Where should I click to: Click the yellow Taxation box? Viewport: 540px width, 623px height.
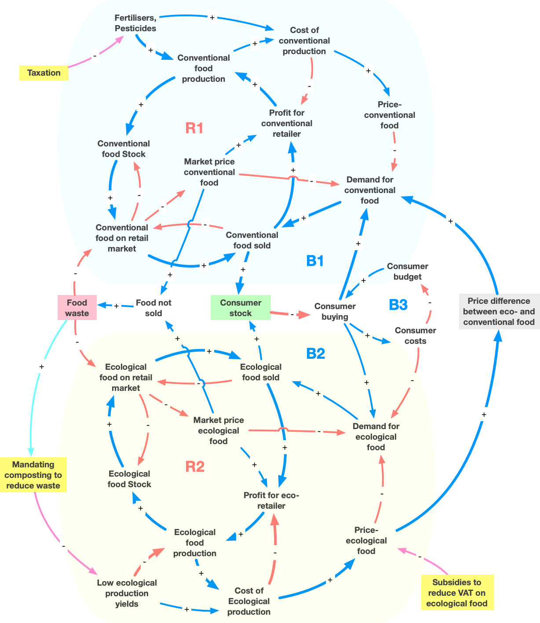pos(44,73)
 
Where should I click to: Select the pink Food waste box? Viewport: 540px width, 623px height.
pos(77,308)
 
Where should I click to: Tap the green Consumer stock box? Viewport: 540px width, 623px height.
pos(241,308)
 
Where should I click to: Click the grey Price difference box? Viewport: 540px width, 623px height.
pos(499,312)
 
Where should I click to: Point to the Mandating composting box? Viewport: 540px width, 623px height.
pos(33,475)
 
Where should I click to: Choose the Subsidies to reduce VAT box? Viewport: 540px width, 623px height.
pos(457,593)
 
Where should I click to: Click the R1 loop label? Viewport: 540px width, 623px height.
pos(194,128)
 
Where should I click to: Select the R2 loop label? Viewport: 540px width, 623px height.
pos(195,466)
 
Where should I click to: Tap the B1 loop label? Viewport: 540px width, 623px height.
pos(315,261)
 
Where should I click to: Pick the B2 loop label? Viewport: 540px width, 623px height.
pos(315,353)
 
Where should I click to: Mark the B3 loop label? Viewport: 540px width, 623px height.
pos(398,304)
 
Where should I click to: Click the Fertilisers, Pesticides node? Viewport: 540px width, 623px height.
pos(135,23)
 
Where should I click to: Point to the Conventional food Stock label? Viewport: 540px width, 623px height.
pos(124,149)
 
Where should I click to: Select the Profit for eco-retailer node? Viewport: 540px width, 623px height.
pos(271,500)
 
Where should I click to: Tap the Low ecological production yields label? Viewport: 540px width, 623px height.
pos(127,593)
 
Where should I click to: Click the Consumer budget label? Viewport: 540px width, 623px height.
pos(408,271)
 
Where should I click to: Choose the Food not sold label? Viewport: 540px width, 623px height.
pos(153,308)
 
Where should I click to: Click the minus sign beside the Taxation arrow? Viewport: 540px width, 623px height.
pos(95,56)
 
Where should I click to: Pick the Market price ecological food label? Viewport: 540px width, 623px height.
pos(219,431)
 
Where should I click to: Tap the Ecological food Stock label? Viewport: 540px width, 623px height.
pos(129,479)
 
